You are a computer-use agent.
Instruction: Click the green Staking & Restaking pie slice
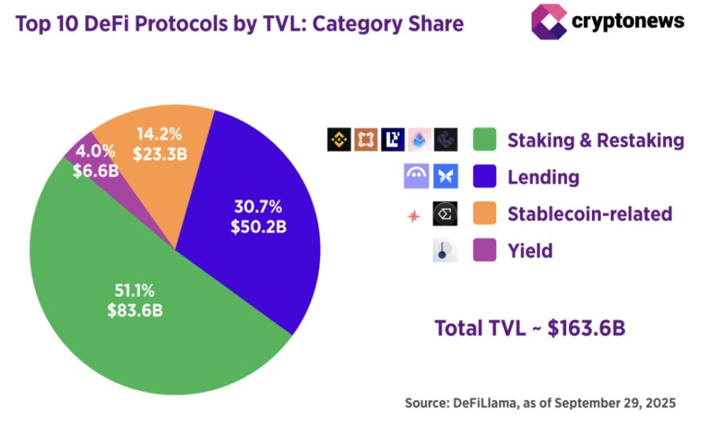[138, 332]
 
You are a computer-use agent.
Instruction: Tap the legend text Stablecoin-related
[590, 214]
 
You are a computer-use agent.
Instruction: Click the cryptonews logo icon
[548, 21]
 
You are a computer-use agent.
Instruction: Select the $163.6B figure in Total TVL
[586, 328]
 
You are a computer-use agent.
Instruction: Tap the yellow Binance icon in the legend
[339, 140]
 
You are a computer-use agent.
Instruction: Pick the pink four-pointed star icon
[413, 216]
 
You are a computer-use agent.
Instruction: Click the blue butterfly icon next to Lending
[445, 177]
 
